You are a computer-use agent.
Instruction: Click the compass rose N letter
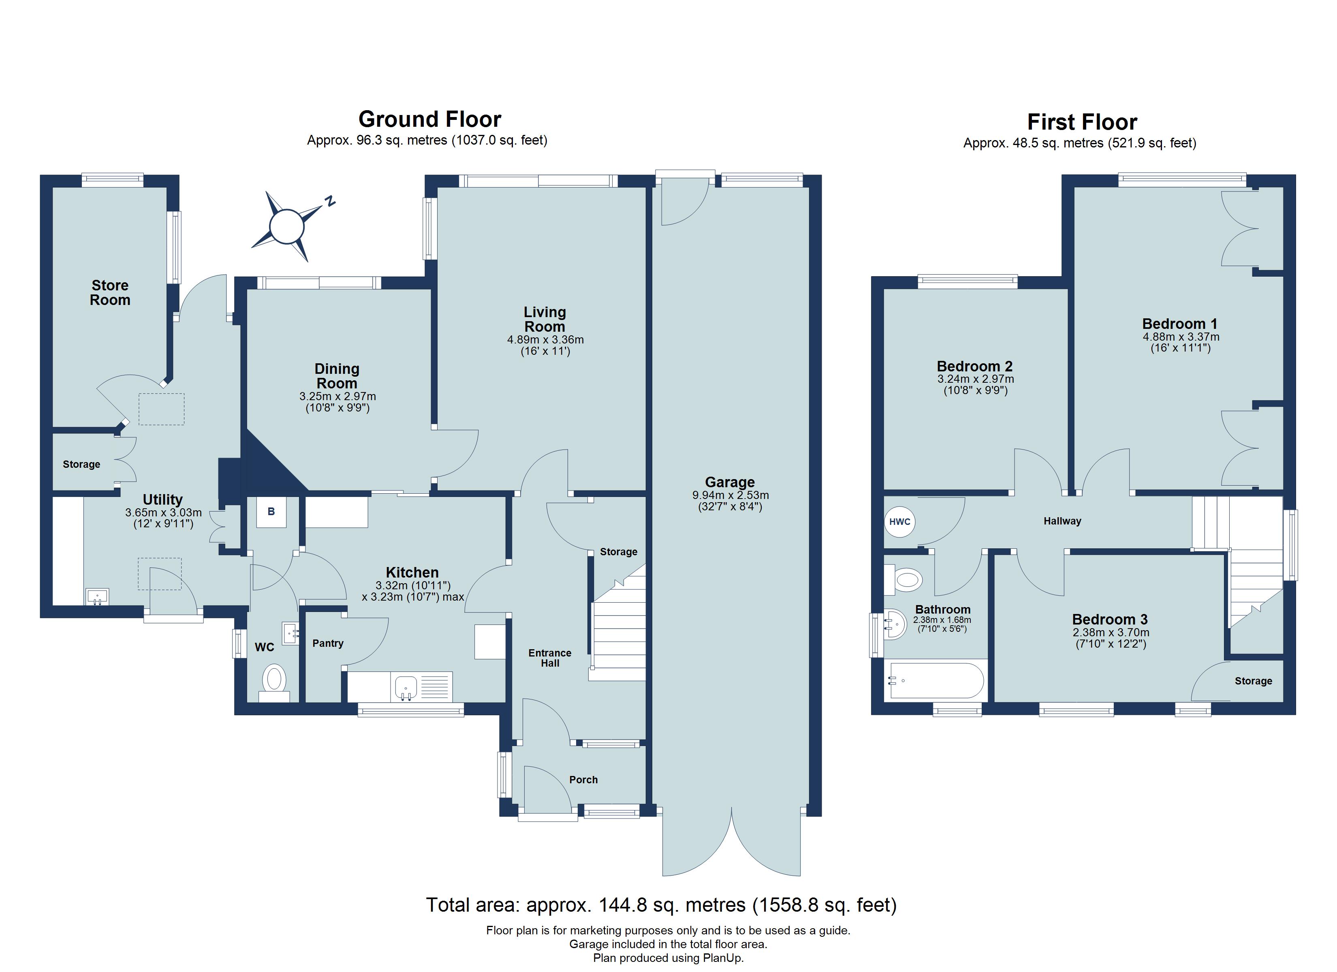pyautogui.click(x=331, y=202)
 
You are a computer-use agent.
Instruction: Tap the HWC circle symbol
pyautogui.click(x=899, y=522)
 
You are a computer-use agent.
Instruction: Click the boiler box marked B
pyautogui.click(x=271, y=512)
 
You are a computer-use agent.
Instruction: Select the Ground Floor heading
pyautogui.click(x=430, y=119)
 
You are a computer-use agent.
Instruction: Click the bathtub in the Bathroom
pyautogui.click(x=936, y=681)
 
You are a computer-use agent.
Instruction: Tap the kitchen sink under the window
pyautogui.click(x=406, y=687)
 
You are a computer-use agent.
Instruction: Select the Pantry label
pyautogui.click(x=328, y=643)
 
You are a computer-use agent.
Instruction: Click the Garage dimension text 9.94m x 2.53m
pyautogui.click(x=730, y=495)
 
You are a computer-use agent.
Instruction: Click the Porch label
pyautogui.click(x=583, y=780)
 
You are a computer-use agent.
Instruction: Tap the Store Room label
pyautogui.click(x=110, y=293)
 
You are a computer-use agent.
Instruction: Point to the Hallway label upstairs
pyautogui.click(x=1062, y=521)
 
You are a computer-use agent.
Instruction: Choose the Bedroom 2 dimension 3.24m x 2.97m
pyautogui.click(x=976, y=379)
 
